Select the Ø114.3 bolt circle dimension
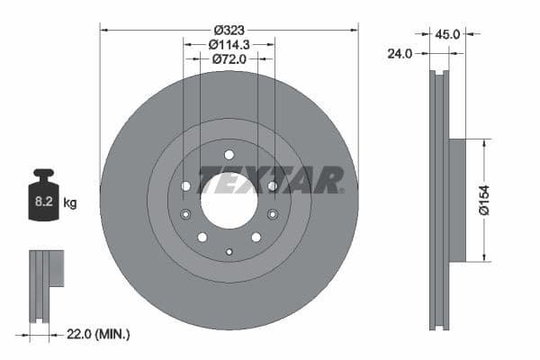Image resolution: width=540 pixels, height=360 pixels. click(x=229, y=43)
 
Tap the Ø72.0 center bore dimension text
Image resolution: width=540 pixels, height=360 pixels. click(x=229, y=58)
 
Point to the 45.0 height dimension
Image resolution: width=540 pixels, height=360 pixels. click(x=447, y=34)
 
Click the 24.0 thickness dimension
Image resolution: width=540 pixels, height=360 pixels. click(x=400, y=53)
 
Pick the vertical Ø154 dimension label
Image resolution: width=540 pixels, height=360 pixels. click(x=485, y=199)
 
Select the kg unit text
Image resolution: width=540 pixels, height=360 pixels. click(x=70, y=203)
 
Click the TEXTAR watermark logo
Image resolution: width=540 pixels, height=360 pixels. click(x=270, y=180)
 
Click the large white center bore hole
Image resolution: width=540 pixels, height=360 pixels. click(x=229, y=200)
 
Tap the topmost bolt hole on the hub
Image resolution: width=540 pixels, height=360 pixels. click(x=229, y=154)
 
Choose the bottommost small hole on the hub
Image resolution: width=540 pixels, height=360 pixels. click(x=229, y=251)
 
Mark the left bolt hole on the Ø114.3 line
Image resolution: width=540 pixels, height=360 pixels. click(x=185, y=186)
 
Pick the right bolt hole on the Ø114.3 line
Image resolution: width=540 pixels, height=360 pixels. click(x=272, y=186)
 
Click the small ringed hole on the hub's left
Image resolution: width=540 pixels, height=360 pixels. click(x=185, y=214)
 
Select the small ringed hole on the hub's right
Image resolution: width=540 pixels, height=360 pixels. click(x=272, y=214)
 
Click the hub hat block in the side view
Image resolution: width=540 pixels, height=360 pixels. click(x=457, y=200)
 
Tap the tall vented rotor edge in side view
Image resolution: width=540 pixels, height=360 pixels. click(x=438, y=200)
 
